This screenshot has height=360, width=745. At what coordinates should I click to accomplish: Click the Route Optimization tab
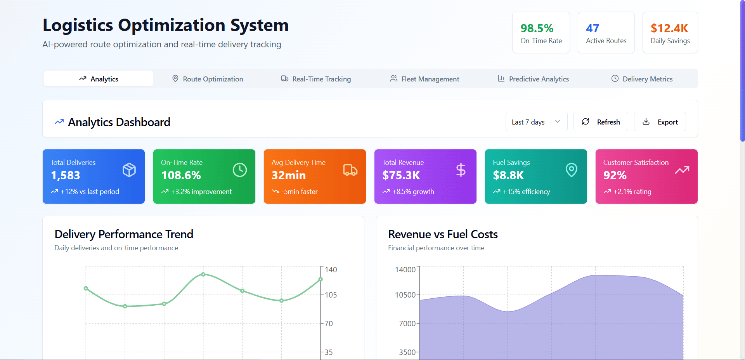[x=208, y=79]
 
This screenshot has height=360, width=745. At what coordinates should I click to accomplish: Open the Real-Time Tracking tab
[x=316, y=79]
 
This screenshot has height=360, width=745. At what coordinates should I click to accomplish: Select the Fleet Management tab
[x=424, y=79]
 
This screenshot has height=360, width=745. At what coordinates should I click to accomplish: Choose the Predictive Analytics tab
[x=533, y=79]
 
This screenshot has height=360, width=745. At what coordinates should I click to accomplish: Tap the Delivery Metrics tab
[x=642, y=79]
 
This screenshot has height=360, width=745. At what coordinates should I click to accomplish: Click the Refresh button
[x=601, y=122]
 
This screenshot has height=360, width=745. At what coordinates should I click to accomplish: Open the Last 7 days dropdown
[x=536, y=122]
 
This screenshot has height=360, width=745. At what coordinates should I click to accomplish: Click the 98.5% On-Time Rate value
[x=537, y=28]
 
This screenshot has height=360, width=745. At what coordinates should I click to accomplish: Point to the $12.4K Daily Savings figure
[x=669, y=28]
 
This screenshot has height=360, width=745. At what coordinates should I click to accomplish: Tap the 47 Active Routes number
[x=593, y=28]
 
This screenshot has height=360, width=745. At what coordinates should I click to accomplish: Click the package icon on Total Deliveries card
[x=129, y=170]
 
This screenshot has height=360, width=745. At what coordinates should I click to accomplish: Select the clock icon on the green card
[x=240, y=170]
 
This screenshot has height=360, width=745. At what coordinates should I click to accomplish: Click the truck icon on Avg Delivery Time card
[x=350, y=170]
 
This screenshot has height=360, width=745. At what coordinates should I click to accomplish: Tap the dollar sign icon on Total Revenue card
[x=461, y=170]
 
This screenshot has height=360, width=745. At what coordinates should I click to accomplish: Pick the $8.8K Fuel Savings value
[x=508, y=175]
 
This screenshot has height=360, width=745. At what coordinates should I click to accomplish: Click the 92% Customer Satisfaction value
[x=615, y=175]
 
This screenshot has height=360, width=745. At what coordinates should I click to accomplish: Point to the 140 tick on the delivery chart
[x=331, y=270]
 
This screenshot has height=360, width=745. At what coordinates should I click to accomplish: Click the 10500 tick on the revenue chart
[x=405, y=295]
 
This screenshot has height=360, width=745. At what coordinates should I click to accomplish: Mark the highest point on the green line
[x=203, y=274]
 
